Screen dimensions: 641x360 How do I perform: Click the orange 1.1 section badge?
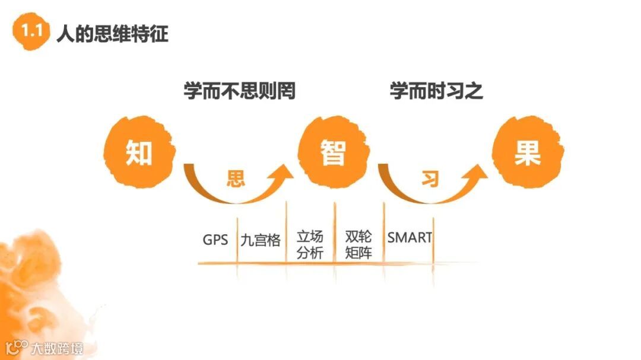pos(31,33)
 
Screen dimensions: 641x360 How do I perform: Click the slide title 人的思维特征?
pos(112,33)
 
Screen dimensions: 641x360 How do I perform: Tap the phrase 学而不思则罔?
pos(239,92)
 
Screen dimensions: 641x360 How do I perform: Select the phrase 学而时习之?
pos(436,92)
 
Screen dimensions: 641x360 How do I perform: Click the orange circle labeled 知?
pos(139,152)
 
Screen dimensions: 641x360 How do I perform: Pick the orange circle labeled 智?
pos(332,152)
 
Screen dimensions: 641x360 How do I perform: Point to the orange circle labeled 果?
pos(527,152)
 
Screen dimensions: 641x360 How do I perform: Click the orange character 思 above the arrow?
pos(236,179)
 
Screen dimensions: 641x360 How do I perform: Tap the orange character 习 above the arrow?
pos(429,179)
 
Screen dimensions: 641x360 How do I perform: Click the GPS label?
pos(215,240)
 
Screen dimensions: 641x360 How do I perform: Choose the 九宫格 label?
pos(261,240)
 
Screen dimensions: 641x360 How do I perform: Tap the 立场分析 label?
pos(310,244)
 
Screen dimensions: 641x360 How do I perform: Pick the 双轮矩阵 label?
pos(358,244)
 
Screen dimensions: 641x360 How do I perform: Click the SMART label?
pos(410,238)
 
